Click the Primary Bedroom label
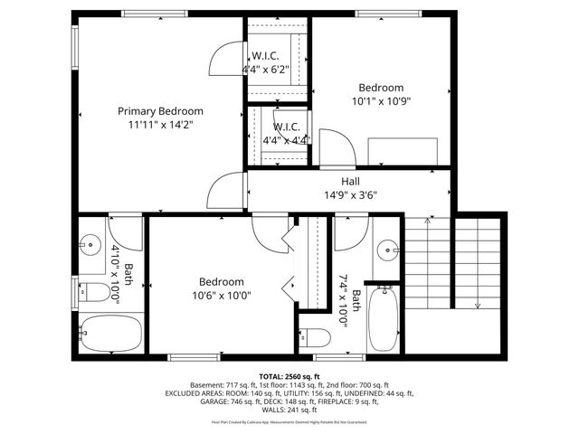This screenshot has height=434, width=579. click(x=160, y=110)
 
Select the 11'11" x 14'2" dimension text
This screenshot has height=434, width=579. click(x=160, y=125)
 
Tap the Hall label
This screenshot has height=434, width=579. click(x=349, y=182)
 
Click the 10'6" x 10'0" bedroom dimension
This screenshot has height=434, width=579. click(x=221, y=295)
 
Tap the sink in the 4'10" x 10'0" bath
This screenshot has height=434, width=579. click(x=90, y=244)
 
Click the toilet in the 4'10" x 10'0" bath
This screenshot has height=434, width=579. click(x=91, y=292)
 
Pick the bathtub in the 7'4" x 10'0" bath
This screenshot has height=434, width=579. click(x=384, y=318)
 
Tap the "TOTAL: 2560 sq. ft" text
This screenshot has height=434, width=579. click(x=289, y=376)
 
